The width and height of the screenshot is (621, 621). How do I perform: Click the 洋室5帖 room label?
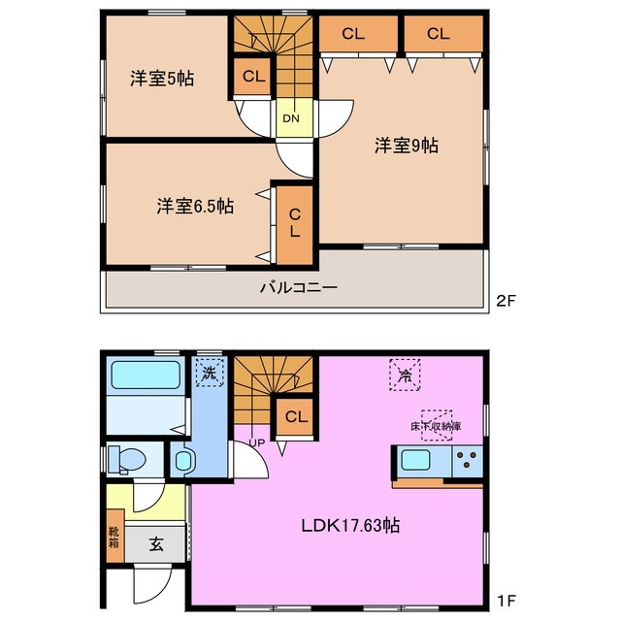(x=163, y=79)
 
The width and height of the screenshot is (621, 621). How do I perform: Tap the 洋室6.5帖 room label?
(x=194, y=206)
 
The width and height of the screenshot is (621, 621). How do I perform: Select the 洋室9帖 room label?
(x=407, y=146)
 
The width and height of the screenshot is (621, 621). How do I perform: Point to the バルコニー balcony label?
(x=298, y=287)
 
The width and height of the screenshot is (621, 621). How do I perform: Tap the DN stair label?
(x=291, y=119)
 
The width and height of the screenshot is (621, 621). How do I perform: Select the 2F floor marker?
(x=508, y=301)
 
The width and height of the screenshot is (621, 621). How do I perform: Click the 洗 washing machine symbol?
(x=209, y=371)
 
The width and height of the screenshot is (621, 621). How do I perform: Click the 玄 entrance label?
(x=156, y=544)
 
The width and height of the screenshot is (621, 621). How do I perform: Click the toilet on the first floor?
(x=127, y=459)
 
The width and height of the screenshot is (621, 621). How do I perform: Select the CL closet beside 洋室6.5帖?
(x=294, y=224)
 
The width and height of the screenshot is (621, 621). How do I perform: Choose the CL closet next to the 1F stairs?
(x=297, y=417)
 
